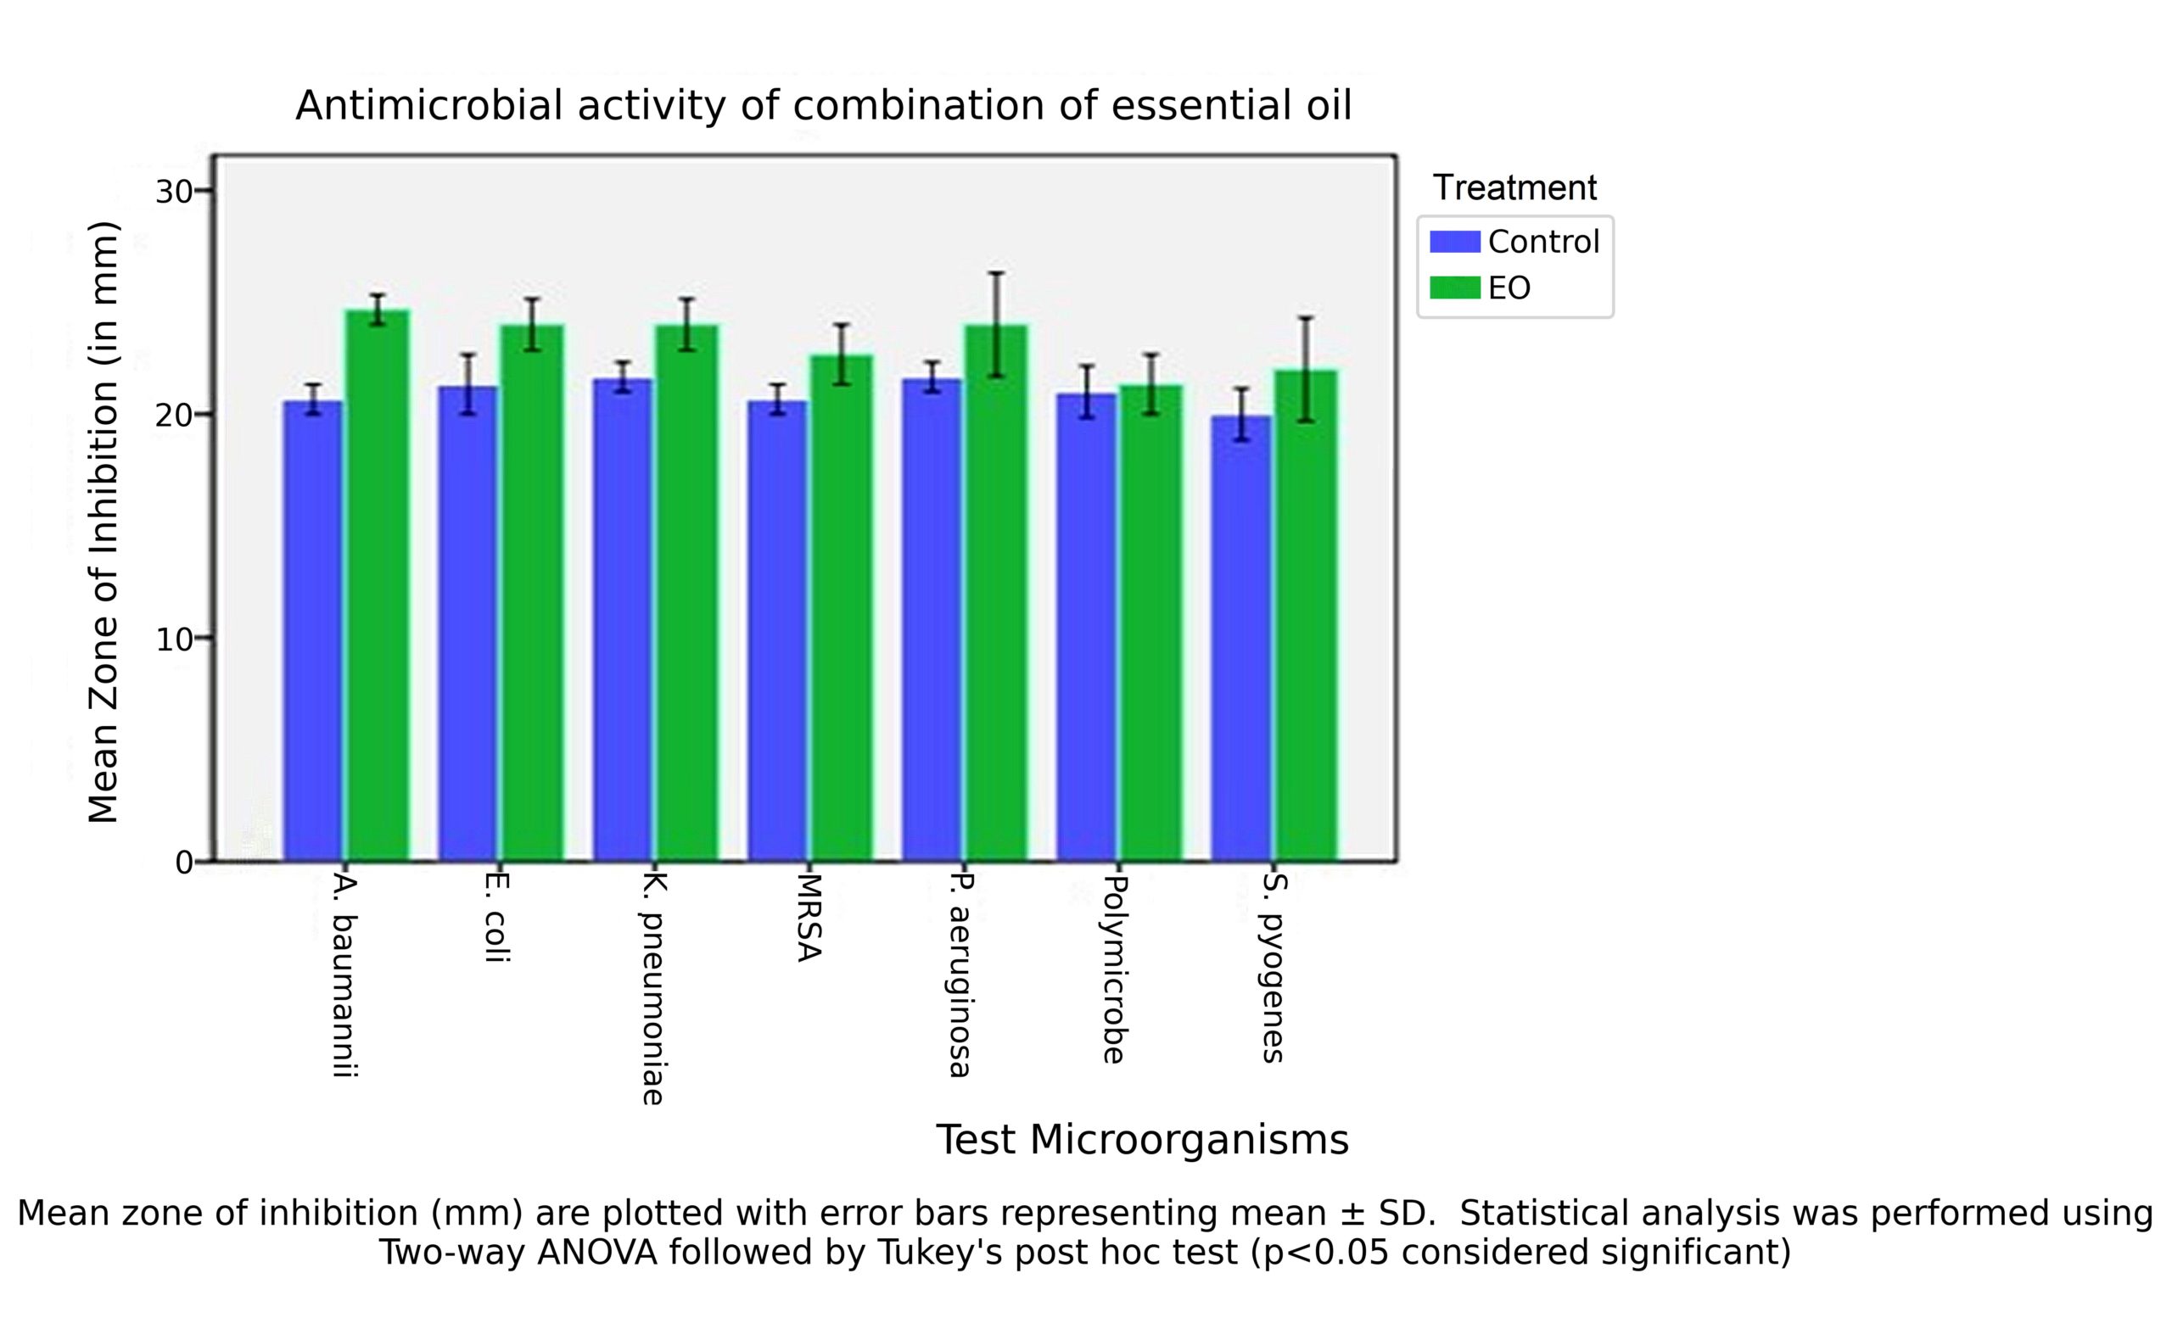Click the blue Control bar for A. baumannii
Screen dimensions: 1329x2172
click(313, 630)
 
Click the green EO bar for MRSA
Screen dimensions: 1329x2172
click(842, 607)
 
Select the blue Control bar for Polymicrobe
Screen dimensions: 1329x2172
click(1087, 627)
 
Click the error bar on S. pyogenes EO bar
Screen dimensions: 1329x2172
click(1306, 369)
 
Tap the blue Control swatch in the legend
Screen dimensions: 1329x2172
click(1454, 242)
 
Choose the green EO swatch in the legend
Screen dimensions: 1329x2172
click(1454, 288)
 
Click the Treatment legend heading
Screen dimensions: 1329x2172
click(1514, 187)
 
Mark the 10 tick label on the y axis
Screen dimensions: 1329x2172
click(174, 639)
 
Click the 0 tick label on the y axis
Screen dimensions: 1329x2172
click(183, 863)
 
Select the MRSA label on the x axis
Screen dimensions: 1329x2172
click(808, 918)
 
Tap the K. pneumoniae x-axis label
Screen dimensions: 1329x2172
click(652, 989)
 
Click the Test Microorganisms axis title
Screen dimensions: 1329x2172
click(1141, 1140)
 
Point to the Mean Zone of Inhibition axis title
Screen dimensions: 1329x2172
click(104, 522)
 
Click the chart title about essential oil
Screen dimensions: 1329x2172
click(823, 106)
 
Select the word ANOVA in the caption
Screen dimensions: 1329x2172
click(596, 1253)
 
